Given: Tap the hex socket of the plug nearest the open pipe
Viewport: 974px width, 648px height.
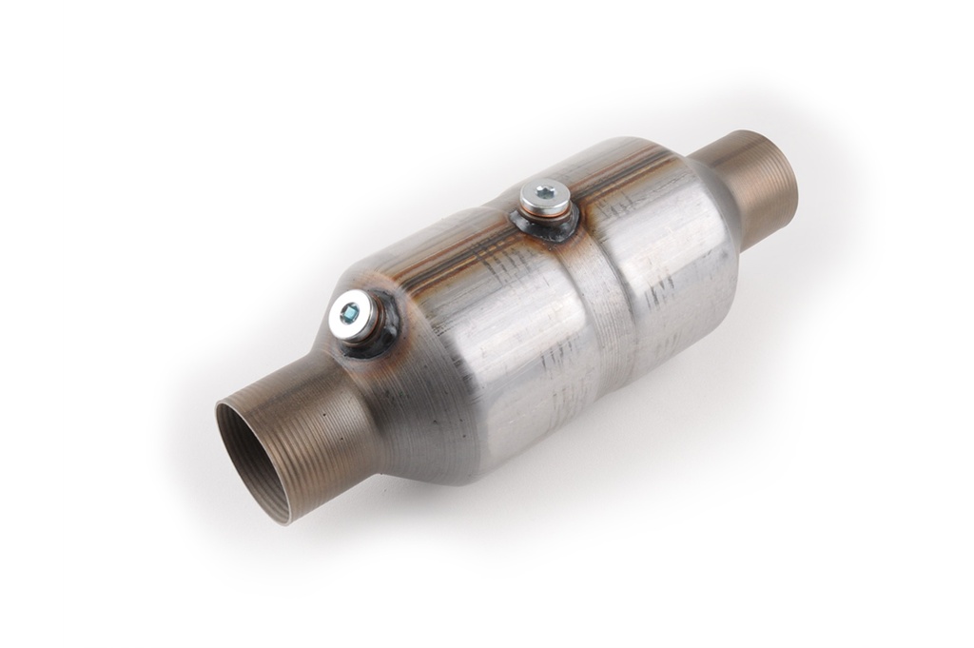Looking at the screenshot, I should [x=350, y=310].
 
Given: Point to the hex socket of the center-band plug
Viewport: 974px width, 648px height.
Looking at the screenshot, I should [x=543, y=194].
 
